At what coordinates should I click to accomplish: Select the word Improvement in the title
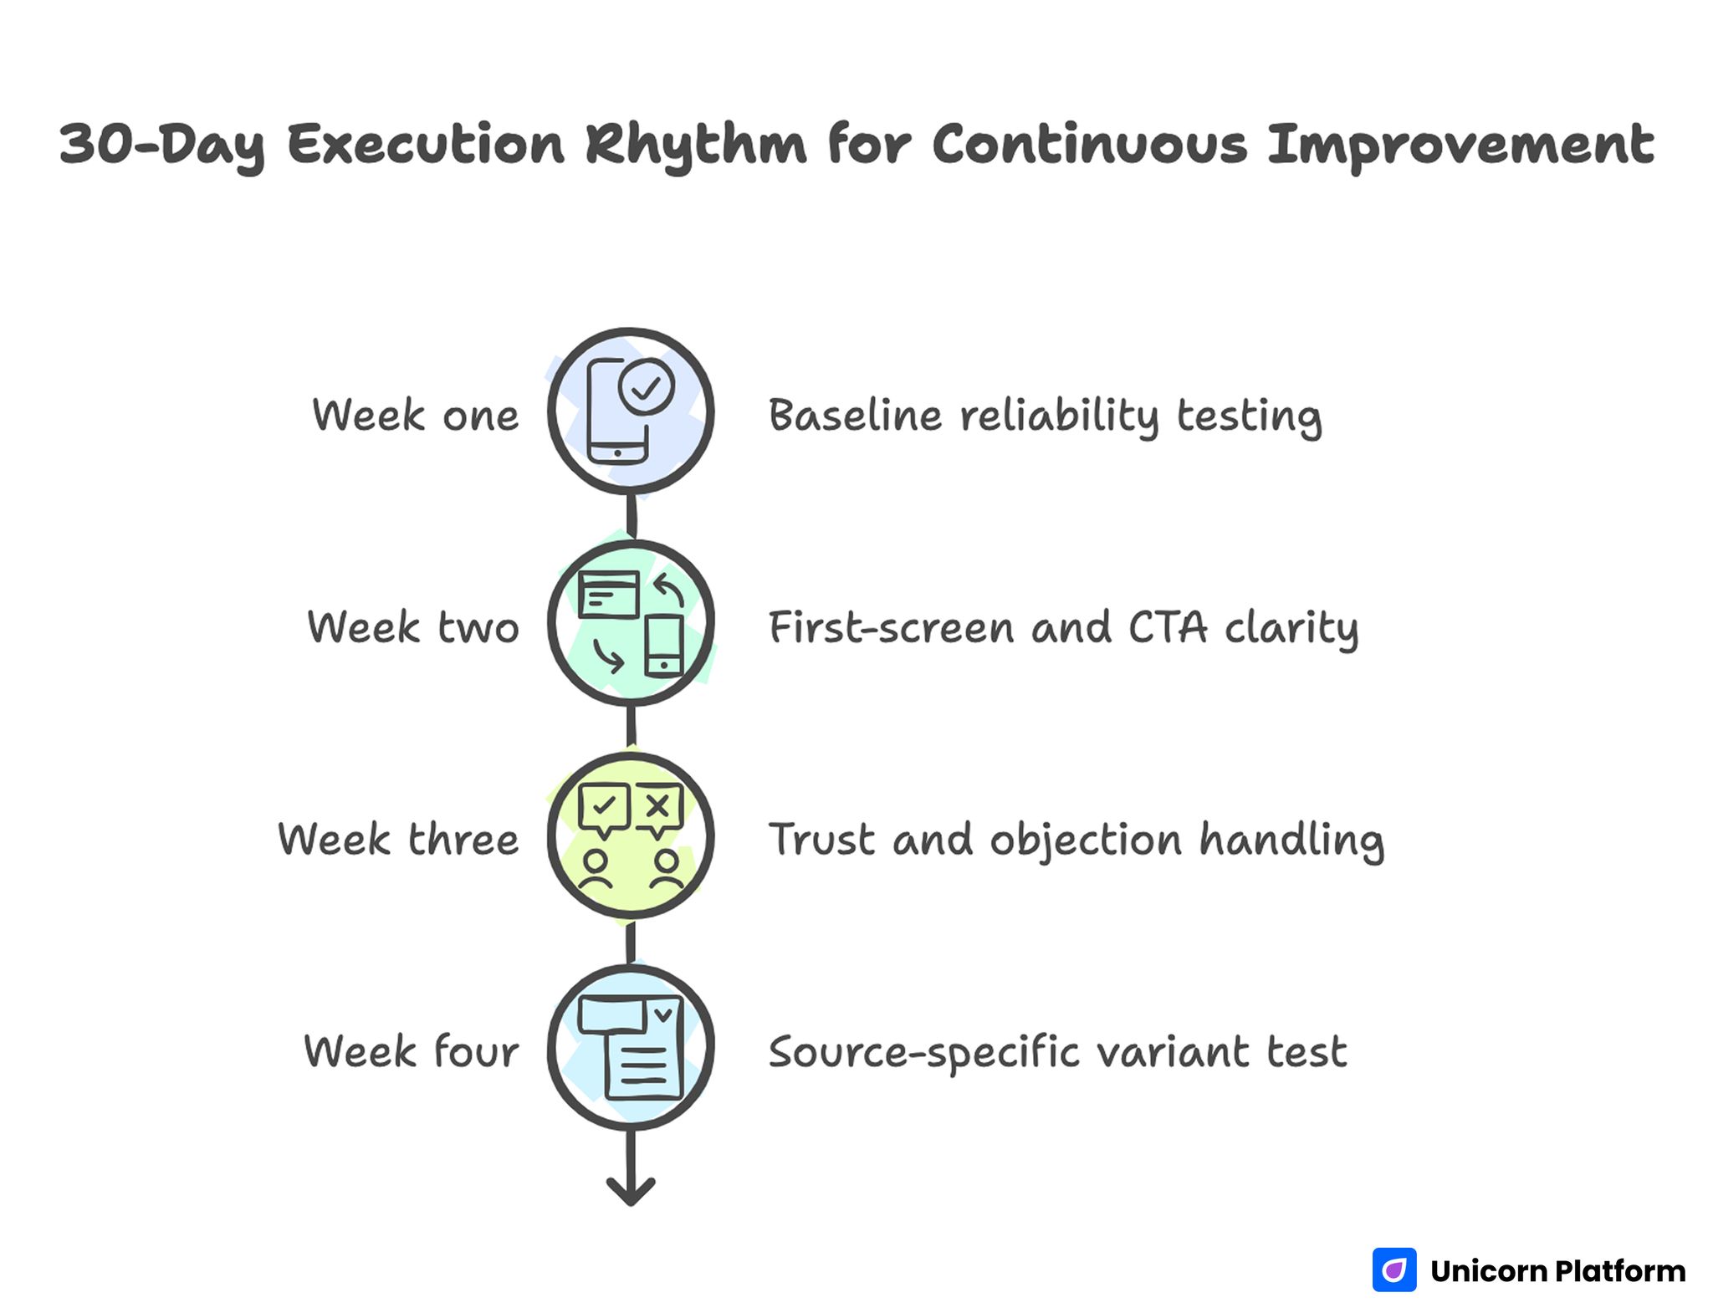pyautogui.click(x=1460, y=145)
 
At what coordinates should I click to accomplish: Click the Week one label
pyautogui.click(x=415, y=416)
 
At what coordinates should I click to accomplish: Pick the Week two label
pyautogui.click(x=413, y=627)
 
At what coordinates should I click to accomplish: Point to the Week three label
pyautogui.click(x=398, y=840)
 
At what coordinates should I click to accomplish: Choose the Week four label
pyautogui.click(x=411, y=1051)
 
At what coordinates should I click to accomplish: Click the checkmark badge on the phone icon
pyautogui.click(x=646, y=387)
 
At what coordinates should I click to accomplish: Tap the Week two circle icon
pyautogui.click(x=631, y=623)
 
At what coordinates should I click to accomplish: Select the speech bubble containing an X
pyautogui.click(x=659, y=808)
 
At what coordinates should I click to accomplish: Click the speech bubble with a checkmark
pyautogui.click(x=604, y=808)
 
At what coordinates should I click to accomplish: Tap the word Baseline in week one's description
pyautogui.click(x=855, y=416)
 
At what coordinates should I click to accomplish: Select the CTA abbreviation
pyautogui.click(x=1168, y=627)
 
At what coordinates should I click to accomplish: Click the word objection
pyautogui.click(x=1086, y=840)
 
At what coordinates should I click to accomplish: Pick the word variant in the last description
pyautogui.click(x=1173, y=1051)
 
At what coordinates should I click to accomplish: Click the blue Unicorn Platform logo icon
pyautogui.click(x=1394, y=1270)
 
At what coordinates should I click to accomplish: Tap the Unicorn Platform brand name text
pyautogui.click(x=1557, y=1270)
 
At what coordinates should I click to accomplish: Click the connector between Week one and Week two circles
pyautogui.click(x=632, y=517)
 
